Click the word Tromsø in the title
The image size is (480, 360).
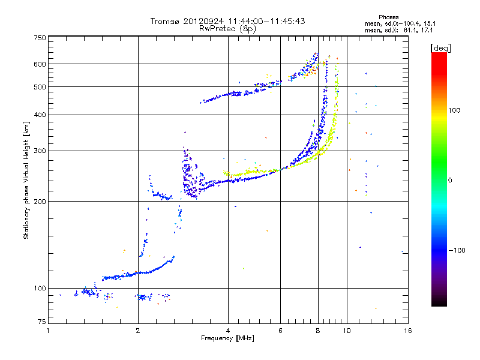pyautogui.click(x=166, y=21)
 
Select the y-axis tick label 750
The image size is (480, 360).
pyautogui.click(x=40, y=38)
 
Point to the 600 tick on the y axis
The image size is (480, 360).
pyautogui.click(x=40, y=64)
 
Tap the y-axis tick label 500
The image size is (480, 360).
pyautogui.click(x=40, y=87)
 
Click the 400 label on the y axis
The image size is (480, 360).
pyautogui.click(x=40, y=115)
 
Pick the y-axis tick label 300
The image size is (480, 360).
pyautogui.click(x=40, y=151)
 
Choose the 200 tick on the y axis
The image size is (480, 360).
pyautogui.click(x=40, y=202)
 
